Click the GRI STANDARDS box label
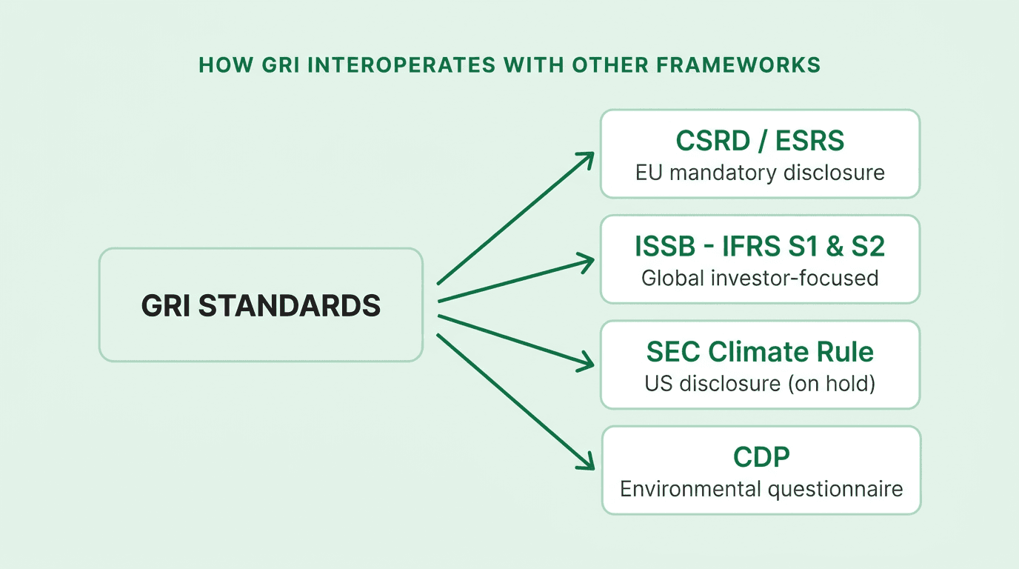261,305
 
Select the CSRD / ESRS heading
760,141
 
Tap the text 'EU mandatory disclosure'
760,173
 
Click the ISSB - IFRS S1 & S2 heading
760,246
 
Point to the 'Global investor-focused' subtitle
760,278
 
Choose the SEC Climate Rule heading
760,351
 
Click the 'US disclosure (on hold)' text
760,384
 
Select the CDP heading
761,457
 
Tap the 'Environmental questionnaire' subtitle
761,489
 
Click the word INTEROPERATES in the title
401,64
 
